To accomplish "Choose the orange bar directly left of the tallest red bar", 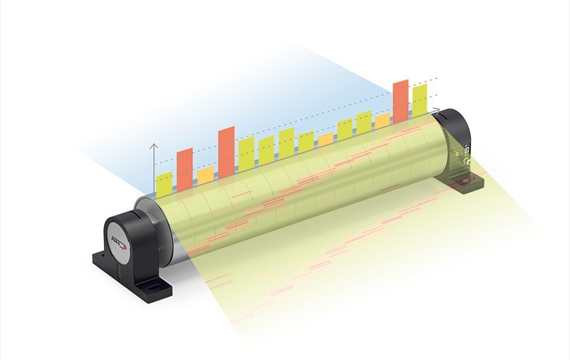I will pyautogui.click(x=382, y=121).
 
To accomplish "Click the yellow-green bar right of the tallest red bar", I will pyautogui.click(x=420, y=100).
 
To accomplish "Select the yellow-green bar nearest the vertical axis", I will pyautogui.click(x=164, y=185).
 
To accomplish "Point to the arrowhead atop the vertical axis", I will pyautogui.click(x=153, y=145).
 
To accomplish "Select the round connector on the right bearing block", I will pyautogui.click(x=468, y=163).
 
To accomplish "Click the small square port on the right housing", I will pyautogui.click(x=467, y=150).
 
